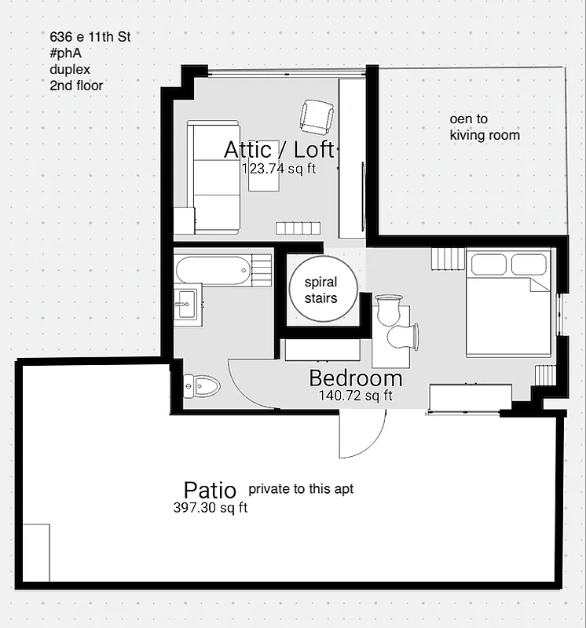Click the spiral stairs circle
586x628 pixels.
pyautogui.click(x=320, y=289)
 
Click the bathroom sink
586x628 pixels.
pyautogui.click(x=187, y=302)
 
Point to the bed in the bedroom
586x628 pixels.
pyautogui.click(x=508, y=304)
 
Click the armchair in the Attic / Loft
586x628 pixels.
pyautogui.click(x=316, y=117)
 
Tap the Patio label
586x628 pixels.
pyautogui.click(x=210, y=491)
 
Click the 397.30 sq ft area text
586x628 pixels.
pyautogui.click(x=211, y=508)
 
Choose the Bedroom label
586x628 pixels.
pyautogui.click(x=355, y=378)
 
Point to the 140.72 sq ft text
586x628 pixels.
pyautogui.click(x=355, y=396)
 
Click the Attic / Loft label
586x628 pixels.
pyautogui.click(x=279, y=149)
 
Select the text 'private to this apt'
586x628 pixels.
pyautogui.click(x=301, y=489)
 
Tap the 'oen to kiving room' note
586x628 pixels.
pyautogui.click(x=484, y=127)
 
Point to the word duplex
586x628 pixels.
pyautogui.click(x=69, y=69)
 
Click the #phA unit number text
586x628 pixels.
pyautogui.click(x=65, y=53)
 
